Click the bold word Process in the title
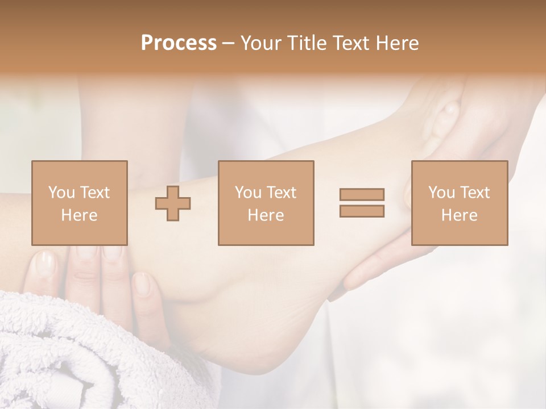coord(179,43)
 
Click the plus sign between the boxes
coord(173,203)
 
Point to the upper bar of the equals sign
coord(362,194)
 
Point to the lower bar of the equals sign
coord(362,211)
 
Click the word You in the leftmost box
coord(61,193)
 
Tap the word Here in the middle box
coord(266,215)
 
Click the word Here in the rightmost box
coord(459,215)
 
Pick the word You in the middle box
coord(248,193)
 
